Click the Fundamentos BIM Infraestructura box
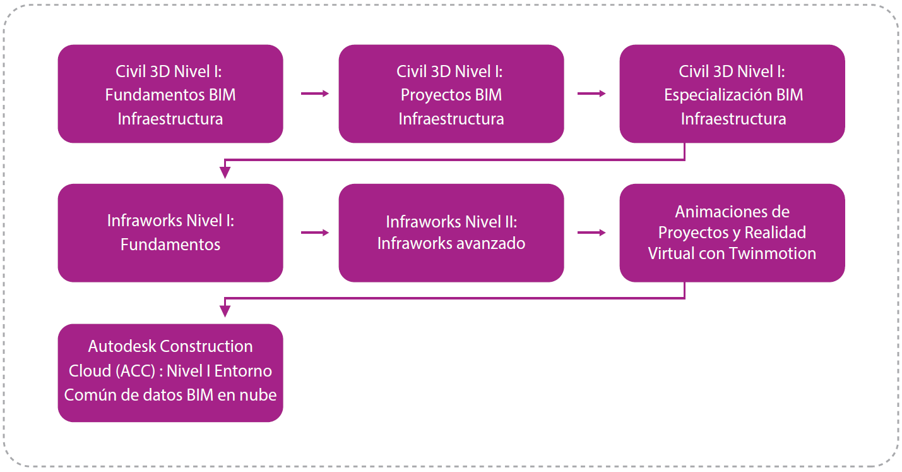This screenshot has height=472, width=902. coord(170,94)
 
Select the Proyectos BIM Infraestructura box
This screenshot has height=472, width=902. coord(451,94)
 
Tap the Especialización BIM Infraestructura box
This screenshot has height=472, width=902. coord(732,94)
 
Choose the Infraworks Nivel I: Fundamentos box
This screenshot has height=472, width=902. coord(170,233)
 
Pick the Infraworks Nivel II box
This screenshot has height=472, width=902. coord(451,233)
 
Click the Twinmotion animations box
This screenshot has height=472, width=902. coord(732,233)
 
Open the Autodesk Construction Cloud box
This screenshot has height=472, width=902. coord(170,373)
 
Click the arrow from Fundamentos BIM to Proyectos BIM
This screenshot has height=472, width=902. coord(315,94)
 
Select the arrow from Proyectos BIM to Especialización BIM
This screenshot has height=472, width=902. coord(591,94)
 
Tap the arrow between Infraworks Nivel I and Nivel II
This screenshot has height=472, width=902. coord(315,233)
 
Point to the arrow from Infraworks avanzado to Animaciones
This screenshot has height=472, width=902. coord(591,233)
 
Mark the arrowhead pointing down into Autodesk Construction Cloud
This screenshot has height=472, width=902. coord(225,312)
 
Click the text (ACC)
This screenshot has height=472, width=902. coord(135,372)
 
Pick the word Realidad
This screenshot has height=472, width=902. coord(775,233)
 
